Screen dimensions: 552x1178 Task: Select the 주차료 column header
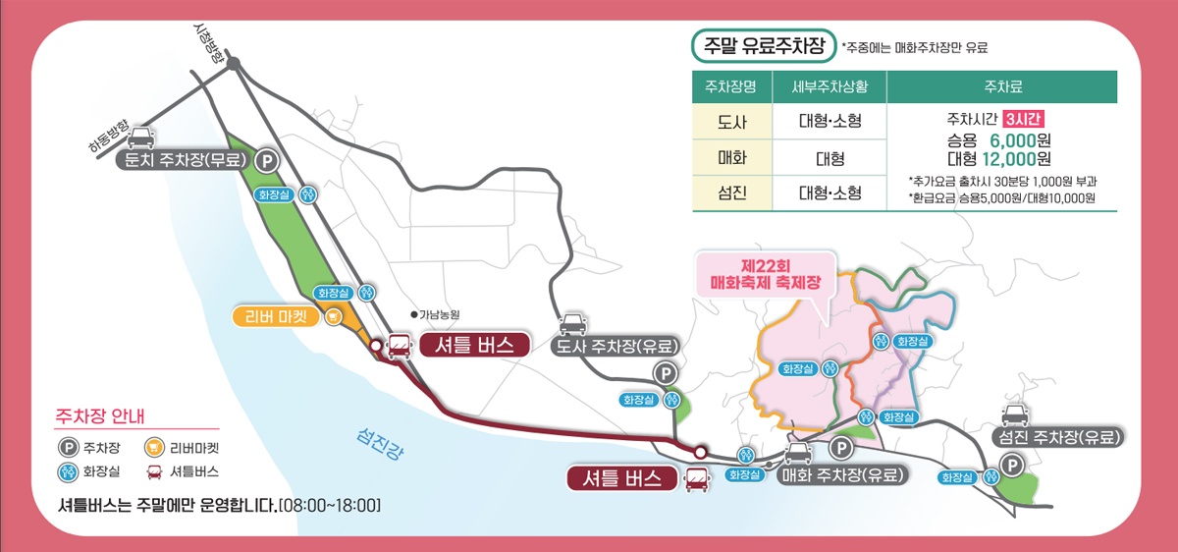point(1001,86)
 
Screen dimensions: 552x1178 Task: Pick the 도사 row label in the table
point(732,123)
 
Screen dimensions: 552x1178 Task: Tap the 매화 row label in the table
point(732,157)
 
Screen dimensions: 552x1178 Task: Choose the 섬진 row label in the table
point(732,193)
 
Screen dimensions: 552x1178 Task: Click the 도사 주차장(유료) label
point(616,347)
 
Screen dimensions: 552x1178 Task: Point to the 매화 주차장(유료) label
point(841,475)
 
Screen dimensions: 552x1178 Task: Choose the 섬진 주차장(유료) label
point(1058,436)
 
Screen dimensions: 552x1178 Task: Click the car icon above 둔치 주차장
point(140,137)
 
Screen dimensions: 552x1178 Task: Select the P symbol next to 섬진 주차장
point(1009,467)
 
